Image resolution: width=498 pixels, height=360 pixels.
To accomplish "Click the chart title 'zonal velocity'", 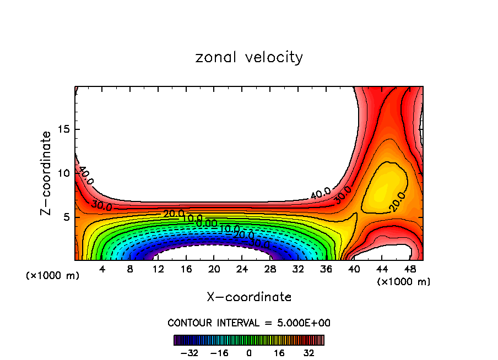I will pyautogui.click(x=249, y=57).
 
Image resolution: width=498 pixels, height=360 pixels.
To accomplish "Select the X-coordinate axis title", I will pyautogui.click(x=249, y=297).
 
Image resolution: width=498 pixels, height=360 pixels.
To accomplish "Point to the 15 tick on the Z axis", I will pyautogui.click(x=63, y=129).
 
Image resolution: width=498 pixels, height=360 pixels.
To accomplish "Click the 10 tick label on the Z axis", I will pyautogui.click(x=63, y=173).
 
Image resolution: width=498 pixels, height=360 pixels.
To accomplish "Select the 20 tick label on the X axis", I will pyautogui.click(x=214, y=270).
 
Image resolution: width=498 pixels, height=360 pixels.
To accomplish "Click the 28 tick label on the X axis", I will pyautogui.click(x=270, y=270).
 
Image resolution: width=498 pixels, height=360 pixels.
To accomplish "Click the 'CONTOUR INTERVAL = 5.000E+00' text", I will pyautogui.click(x=249, y=323).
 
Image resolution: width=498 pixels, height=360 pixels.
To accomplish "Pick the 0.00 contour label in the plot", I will pyautogui.click(x=207, y=223).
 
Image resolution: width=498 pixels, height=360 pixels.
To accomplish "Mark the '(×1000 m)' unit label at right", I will pyautogui.click(x=404, y=282).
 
